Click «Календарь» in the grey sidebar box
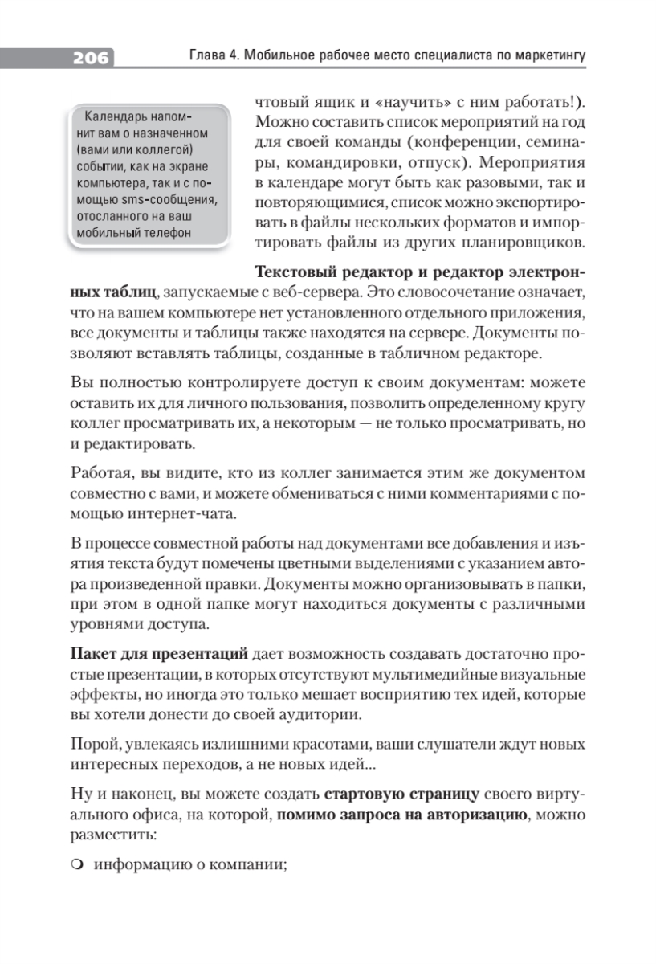[x=118, y=115]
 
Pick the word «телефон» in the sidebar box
[x=169, y=233]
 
